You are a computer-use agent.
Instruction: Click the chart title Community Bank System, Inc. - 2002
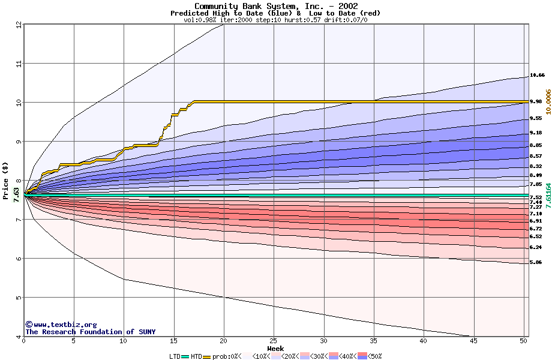coord(276,6)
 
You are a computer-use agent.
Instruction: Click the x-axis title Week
coord(275,349)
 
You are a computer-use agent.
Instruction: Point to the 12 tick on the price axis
coord(19,25)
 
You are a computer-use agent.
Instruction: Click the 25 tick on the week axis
coord(274,341)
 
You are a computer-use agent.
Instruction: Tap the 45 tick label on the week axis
coord(473,341)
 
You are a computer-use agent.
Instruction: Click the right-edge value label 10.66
coord(537,76)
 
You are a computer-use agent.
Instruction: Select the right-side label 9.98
coord(536,102)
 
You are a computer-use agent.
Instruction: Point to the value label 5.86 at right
coord(536,262)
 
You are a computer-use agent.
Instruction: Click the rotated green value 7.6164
coord(548,196)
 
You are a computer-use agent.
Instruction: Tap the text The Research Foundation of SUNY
coord(90,332)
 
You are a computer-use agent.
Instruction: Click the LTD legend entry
coord(175,356)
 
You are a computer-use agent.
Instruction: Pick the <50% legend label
coord(373,356)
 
